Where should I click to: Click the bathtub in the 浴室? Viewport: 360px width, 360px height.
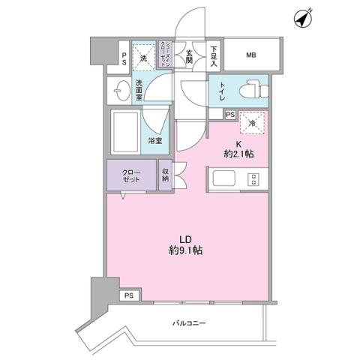(126, 132)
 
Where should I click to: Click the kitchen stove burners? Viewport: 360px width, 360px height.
(253, 180)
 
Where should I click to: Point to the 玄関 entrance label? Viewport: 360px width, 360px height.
(190, 55)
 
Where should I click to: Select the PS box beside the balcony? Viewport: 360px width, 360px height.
(130, 295)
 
